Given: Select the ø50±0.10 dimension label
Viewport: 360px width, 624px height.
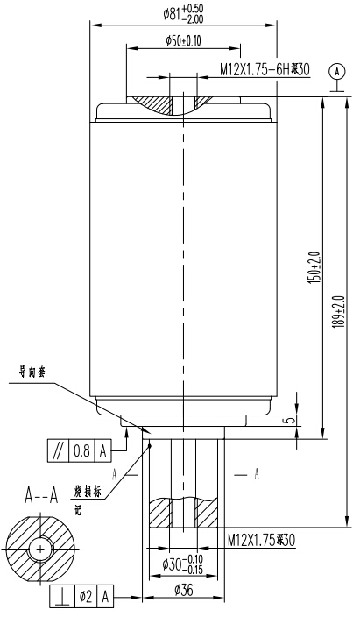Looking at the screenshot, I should click(182, 40).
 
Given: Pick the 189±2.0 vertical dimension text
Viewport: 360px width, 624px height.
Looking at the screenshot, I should click(338, 310).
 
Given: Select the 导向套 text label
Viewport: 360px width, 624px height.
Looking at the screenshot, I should click(34, 371).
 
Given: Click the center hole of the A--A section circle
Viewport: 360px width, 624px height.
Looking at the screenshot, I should click(39, 549).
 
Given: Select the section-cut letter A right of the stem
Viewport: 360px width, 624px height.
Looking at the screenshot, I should click(256, 473).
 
